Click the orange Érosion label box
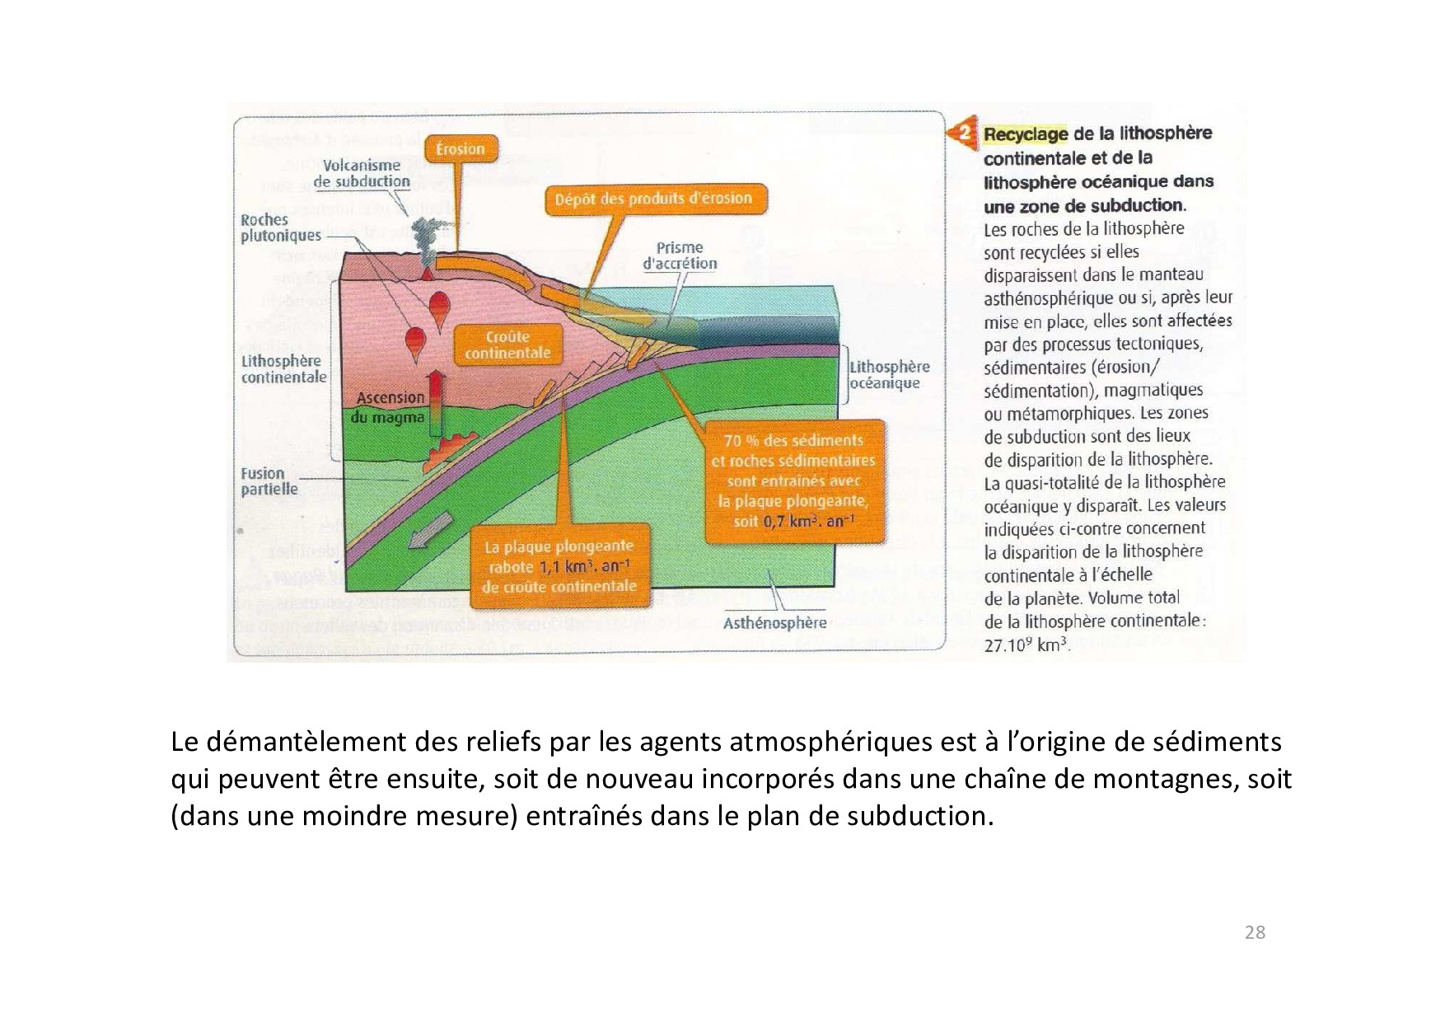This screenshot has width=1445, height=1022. click(461, 149)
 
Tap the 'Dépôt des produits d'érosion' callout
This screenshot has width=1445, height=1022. click(653, 199)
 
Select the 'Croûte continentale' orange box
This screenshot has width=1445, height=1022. click(507, 345)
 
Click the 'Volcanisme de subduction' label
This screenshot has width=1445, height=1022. click(362, 173)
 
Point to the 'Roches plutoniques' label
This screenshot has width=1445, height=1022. click(280, 227)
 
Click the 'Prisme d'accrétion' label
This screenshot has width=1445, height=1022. click(680, 255)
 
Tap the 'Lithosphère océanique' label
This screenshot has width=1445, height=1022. click(889, 375)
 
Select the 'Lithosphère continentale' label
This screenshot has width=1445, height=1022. click(283, 369)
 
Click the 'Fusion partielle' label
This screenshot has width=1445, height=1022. click(269, 481)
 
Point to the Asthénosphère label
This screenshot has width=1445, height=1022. click(774, 623)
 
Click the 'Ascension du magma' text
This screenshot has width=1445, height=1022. click(390, 407)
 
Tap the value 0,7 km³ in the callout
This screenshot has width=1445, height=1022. click(788, 521)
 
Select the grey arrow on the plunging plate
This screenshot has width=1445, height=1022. click(431, 530)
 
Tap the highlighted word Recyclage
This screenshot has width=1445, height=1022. click(1026, 134)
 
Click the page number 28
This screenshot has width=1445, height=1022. click(1255, 932)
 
